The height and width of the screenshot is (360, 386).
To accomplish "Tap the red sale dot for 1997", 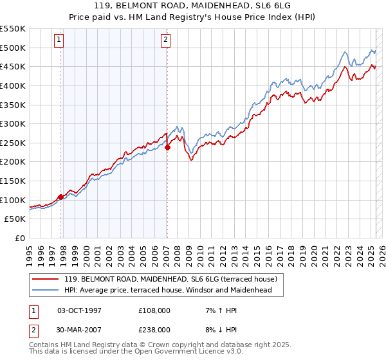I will (61, 197).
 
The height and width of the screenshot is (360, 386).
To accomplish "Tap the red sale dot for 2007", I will (167, 147).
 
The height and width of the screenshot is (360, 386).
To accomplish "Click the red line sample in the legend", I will (46, 279).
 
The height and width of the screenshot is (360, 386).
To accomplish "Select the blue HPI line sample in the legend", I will (46, 291).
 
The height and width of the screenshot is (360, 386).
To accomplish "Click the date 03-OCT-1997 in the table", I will (79, 310).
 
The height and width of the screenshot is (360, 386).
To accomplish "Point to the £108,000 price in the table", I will (154, 310).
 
